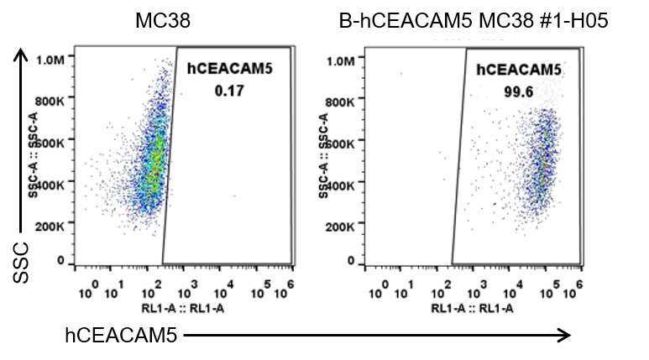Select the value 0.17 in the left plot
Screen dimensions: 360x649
tap(228, 91)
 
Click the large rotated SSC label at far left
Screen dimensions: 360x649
tap(24, 262)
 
